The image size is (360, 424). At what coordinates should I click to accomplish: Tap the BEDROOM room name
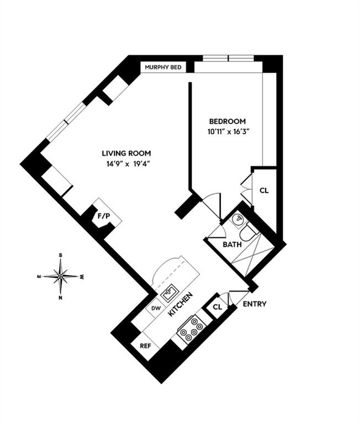(x=227, y=121)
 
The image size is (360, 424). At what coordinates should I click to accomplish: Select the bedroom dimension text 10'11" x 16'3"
(x=227, y=132)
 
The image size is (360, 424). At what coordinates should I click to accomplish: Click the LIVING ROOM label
(x=126, y=153)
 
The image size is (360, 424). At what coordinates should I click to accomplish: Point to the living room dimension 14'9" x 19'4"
(x=126, y=164)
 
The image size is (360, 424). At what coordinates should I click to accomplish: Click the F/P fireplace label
(x=103, y=216)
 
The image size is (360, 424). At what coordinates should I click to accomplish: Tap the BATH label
(x=232, y=244)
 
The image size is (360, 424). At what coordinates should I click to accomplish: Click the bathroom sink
(x=237, y=220)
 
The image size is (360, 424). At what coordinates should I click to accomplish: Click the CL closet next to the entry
(x=217, y=308)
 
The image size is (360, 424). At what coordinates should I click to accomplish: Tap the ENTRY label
(x=255, y=304)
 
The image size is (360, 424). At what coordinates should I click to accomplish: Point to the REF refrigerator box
(x=145, y=346)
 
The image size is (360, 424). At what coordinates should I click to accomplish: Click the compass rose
(x=60, y=275)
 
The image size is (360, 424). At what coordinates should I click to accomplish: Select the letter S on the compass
(x=60, y=256)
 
